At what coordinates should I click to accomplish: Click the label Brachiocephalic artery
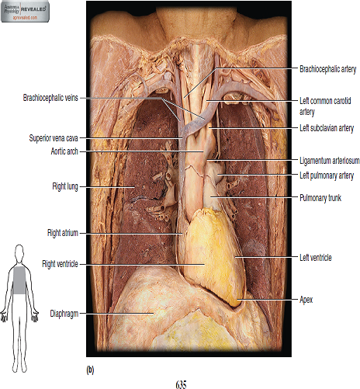327,69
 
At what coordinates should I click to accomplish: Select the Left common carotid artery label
325,106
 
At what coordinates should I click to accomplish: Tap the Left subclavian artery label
327,128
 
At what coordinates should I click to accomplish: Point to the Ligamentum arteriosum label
329,161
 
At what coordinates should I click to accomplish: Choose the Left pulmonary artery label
327,175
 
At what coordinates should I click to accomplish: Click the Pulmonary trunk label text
320,198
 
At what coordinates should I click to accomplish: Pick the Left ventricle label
316,258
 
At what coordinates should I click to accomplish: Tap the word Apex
306,300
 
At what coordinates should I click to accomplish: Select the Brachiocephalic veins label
50,98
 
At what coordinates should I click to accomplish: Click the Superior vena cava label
54,138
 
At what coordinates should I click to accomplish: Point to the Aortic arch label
64,151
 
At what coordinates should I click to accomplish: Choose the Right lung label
65,186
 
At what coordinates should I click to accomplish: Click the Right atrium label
63,233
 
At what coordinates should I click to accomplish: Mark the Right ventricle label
60,264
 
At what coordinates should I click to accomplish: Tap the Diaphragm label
64,314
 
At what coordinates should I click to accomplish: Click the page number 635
181,384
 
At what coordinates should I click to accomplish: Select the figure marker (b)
90,370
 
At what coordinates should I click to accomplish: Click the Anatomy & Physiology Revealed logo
25,12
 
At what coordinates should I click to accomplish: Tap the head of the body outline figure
19,252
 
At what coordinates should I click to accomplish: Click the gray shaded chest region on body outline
19,280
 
